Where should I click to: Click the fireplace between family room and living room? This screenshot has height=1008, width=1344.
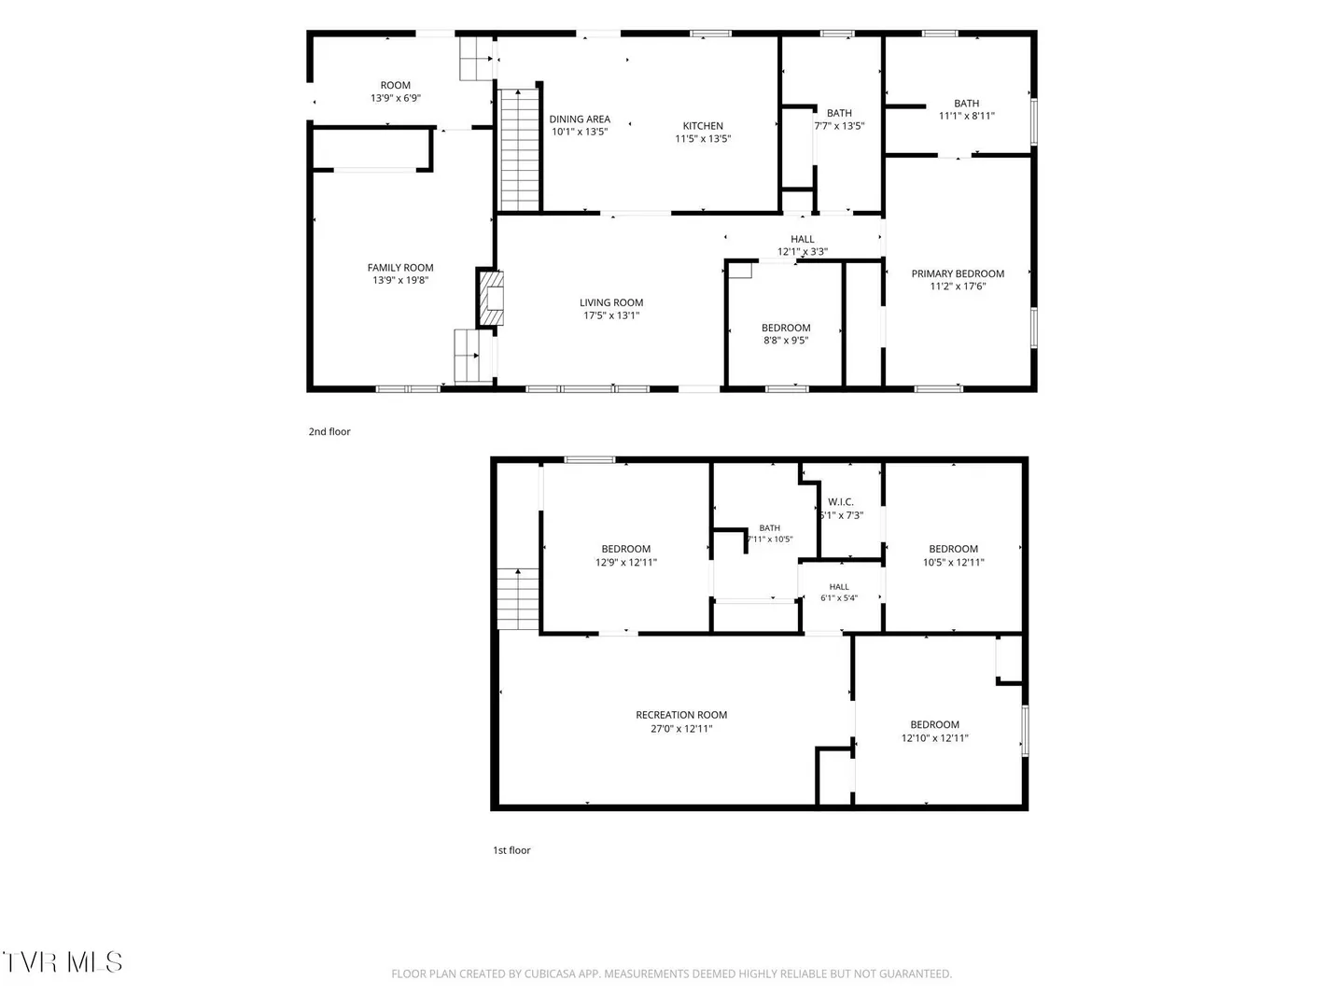tap(490, 298)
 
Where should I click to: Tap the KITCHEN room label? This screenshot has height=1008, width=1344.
tap(703, 126)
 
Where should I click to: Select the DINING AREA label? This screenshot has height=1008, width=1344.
tap(580, 119)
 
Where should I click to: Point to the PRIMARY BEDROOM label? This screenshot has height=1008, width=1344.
tap(958, 273)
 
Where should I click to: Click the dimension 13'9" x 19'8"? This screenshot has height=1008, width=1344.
tap(400, 280)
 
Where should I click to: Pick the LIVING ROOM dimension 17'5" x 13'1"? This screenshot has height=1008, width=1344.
tap(611, 315)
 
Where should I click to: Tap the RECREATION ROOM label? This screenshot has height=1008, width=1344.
tap(681, 715)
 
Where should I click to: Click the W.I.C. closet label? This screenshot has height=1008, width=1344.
tap(841, 502)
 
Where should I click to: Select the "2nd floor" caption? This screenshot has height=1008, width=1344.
tap(329, 431)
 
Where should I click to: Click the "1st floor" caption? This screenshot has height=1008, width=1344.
tap(511, 850)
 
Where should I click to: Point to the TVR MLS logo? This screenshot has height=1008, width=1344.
tap(63, 962)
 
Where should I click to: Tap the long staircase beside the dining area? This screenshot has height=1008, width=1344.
tap(519, 150)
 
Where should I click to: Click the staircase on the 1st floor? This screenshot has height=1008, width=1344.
tap(518, 599)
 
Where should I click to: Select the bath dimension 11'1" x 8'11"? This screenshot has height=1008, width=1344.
tap(967, 116)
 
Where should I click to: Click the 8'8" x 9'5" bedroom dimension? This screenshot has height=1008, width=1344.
tap(786, 341)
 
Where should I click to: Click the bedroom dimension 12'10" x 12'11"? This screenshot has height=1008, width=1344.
tap(935, 738)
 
